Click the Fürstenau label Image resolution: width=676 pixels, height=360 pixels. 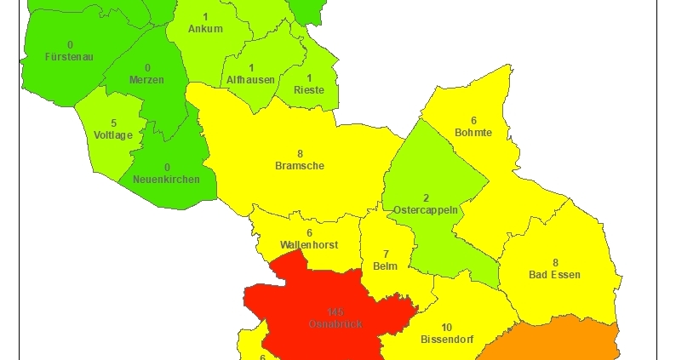coord(69,56)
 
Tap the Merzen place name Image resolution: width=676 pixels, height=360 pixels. coord(147,79)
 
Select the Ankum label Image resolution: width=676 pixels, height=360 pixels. coord(206,29)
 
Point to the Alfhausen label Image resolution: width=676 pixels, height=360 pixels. coord(251,79)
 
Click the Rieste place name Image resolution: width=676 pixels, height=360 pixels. coord(308,89)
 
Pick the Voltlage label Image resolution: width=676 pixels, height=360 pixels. coord(113,134)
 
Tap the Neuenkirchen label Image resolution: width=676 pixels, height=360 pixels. coord(167,179)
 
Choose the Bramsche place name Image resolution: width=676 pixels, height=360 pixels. coord(300,166)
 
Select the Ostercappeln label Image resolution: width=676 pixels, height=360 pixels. coord(426,209)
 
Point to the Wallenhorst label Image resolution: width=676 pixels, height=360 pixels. coord(309,244)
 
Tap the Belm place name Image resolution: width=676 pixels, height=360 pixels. coord(386,266)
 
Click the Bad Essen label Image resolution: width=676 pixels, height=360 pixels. coord(555,275)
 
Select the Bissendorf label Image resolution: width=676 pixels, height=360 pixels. coord(446,339)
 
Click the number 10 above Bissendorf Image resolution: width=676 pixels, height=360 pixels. coord(446,327)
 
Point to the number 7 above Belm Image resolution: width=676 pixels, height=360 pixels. coord(386,254)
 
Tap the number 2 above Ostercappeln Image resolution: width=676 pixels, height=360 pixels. coord(426,197)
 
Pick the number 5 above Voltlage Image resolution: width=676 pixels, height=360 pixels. coord(113,123)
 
